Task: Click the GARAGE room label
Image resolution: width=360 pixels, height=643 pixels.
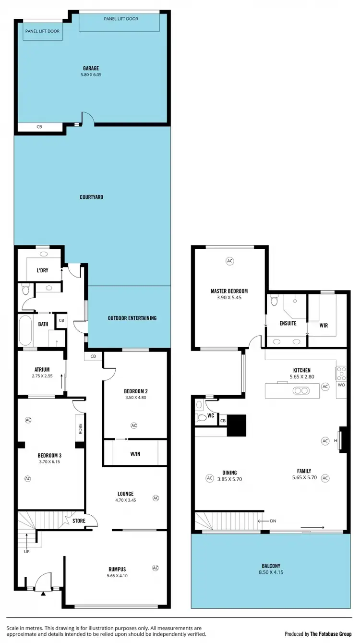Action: click(91, 68)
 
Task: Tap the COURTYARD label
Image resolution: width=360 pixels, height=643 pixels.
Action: click(91, 197)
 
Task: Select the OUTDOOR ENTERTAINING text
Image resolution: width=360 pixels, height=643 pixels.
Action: click(132, 318)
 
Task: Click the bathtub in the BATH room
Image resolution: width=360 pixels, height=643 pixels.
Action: click(25, 330)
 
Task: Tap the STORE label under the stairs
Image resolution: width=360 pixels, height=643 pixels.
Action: click(79, 521)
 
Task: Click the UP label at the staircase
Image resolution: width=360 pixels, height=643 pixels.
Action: click(26, 551)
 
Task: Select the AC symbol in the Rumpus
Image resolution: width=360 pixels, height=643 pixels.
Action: click(155, 568)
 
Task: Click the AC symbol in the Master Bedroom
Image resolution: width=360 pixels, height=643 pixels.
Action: click(229, 261)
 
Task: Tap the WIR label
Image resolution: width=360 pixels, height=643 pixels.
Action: click(324, 325)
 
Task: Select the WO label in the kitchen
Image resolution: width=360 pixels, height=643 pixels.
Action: click(341, 385)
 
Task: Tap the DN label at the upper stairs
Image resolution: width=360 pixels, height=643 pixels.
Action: click(273, 521)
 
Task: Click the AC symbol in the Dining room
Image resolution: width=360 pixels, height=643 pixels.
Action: click(209, 478)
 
